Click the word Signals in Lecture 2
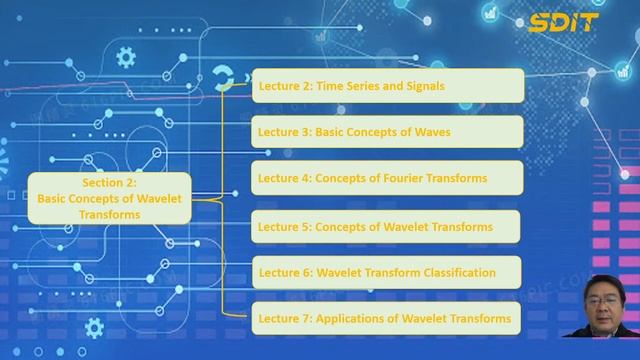coord(426,86)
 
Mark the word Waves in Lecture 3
coord(431,132)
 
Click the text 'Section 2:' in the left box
coord(109,184)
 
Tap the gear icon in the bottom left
coord(95,327)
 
